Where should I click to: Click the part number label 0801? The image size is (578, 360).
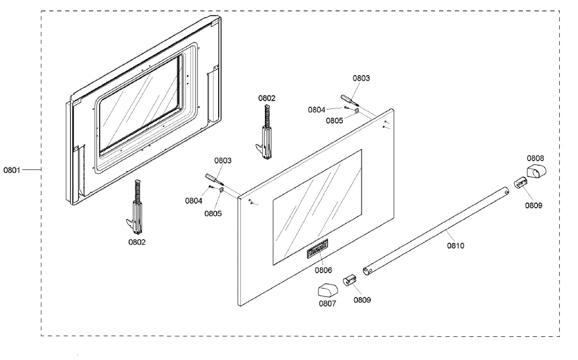point(12,170)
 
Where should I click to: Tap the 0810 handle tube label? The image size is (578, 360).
point(455,246)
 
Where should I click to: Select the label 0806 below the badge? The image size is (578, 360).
point(324,270)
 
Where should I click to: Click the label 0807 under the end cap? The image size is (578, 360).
point(327,304)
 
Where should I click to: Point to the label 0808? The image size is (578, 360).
point(535,158)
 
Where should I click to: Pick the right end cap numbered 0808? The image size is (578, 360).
point(537,170)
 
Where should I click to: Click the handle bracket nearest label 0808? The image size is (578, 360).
point(519,183)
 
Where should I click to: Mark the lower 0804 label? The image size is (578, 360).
point(194,201)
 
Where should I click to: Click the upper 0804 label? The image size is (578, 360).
point(317,109)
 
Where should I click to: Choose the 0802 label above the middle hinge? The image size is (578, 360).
point(267,98)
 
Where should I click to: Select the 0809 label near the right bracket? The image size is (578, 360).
point(534,205)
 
